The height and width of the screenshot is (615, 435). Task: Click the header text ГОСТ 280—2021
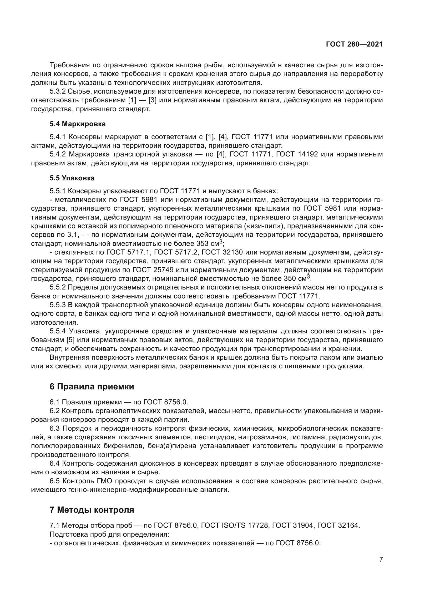(x=354, y=44)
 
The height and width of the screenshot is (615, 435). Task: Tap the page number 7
(x=381, y=559)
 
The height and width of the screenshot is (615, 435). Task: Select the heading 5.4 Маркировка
(x=77, y=124)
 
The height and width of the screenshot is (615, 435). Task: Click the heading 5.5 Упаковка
(x=72, y=178)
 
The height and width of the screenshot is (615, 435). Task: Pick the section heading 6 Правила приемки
(x=92, y=387)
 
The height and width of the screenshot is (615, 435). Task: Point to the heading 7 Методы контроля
(x=92, y=510)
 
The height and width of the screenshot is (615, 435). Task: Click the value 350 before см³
(x=291, y=278)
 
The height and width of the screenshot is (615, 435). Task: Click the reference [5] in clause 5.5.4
(x=70, y=340)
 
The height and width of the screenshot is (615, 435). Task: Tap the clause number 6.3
(x=55, y=428)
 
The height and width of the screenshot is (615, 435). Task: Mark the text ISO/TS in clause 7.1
(x=234, y=525)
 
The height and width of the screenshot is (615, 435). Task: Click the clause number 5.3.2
(x=58, y=92)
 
